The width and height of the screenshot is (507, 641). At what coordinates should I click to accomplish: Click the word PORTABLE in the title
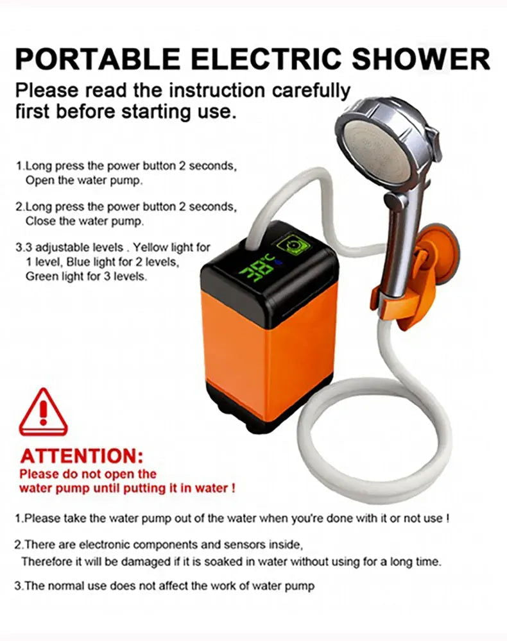pos(98,59)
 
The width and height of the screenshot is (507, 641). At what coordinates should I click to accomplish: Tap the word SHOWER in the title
pos(421,59)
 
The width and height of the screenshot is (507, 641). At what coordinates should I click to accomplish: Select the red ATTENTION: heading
pos(82,456)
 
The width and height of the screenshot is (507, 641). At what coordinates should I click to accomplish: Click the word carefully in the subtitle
pos(311,91)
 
